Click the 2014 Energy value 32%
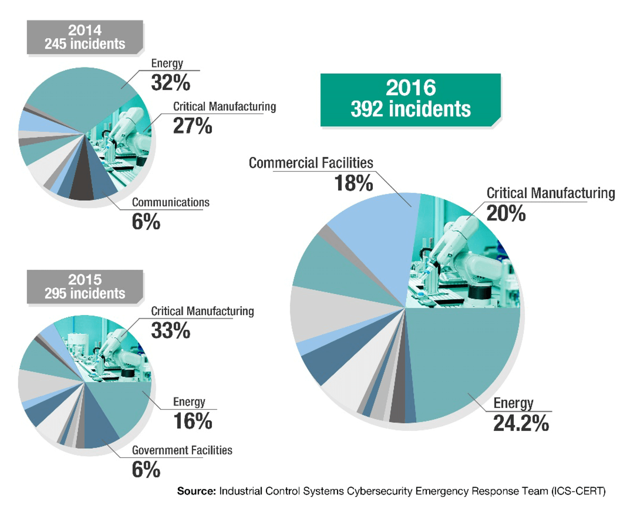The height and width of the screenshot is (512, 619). point(170,83)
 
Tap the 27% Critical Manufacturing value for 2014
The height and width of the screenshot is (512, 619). point(192,126)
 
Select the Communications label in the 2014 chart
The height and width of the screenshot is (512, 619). point(170,202)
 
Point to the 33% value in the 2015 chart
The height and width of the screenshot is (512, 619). point(170,331)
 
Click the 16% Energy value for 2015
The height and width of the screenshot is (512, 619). point(192,421)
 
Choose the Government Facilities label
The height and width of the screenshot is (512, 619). point(182,450)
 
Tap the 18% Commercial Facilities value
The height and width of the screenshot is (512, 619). point(354,183)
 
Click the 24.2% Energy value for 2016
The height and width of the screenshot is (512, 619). point(521,424)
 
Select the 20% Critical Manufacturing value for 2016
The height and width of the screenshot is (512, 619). point(506,214)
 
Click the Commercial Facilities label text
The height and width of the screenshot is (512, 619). point(311,163)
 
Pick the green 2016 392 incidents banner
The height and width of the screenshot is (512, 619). point(411,99)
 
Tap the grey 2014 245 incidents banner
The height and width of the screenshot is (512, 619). point(85,37)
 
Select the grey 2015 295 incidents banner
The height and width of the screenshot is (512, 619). point(85,287)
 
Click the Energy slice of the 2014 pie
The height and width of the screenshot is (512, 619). point(77,97)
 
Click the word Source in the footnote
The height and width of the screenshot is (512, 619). point(196,491)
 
